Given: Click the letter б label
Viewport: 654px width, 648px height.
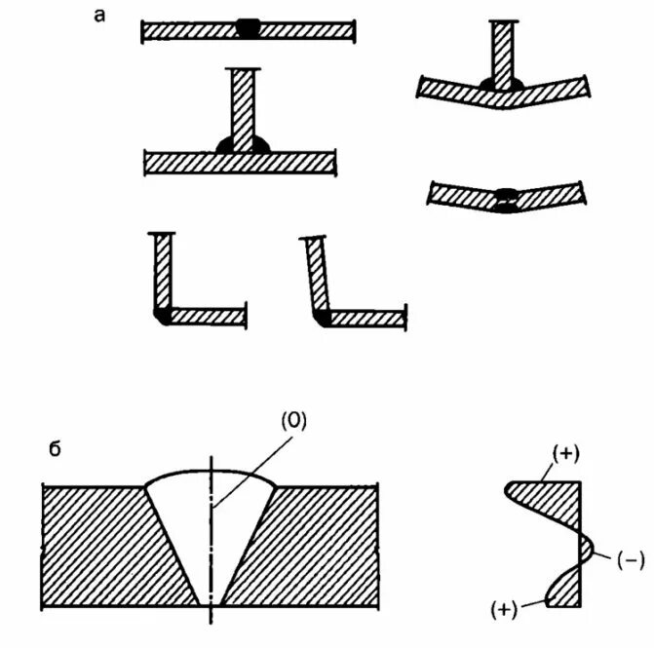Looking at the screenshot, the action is coord(56,449).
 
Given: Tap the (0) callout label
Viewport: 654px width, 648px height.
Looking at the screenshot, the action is coord(294,420).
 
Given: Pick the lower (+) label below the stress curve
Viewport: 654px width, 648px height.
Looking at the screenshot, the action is coord(503,609).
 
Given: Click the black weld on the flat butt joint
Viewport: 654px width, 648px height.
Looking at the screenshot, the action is coord(249,30).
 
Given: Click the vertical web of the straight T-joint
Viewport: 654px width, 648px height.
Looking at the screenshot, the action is coord(243,107).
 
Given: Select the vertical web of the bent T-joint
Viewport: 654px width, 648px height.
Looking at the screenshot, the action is coord(501,54).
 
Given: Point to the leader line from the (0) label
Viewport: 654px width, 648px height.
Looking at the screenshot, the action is coord(253,468).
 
